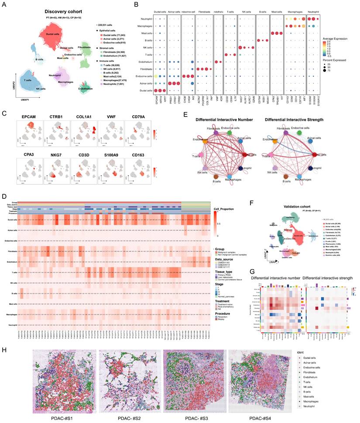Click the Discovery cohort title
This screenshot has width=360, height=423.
point(64,11)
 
